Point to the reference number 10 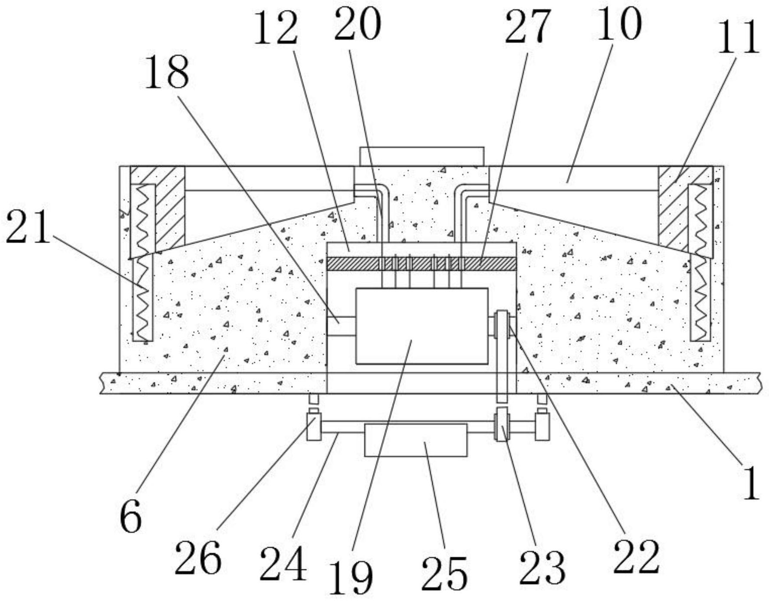tap(619, 23)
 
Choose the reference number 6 tap(131, 516)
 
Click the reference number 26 tap(198, 558)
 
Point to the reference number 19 tap(351, 577)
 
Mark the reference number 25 tap(444, 573)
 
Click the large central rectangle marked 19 tap(422, 326)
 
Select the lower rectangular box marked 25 tap(416, 440)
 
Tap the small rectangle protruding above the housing tap(422, 156)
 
